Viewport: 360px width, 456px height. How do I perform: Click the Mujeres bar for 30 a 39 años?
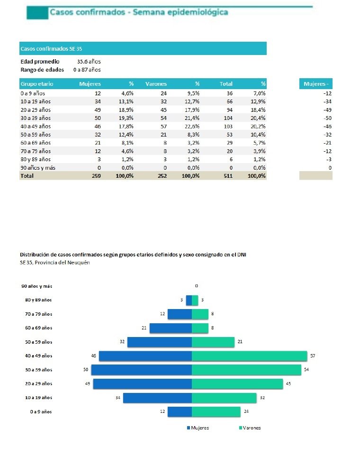[x=141, y=370]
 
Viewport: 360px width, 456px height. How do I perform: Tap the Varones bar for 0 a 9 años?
[x=216, y=411]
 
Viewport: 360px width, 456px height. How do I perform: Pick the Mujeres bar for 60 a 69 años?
[x=171, y=328]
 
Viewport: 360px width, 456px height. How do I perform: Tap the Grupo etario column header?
[x=36, y=84]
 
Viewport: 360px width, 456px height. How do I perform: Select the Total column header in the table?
[x=226, y=84]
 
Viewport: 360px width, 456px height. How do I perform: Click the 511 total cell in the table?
[x=227, y=176]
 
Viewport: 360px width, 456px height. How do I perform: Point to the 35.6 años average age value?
[x=89, y=61]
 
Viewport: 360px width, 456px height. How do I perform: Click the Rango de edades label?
[x=42, y=70]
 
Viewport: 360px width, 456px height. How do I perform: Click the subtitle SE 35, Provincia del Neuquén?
[x=55, y=263]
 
